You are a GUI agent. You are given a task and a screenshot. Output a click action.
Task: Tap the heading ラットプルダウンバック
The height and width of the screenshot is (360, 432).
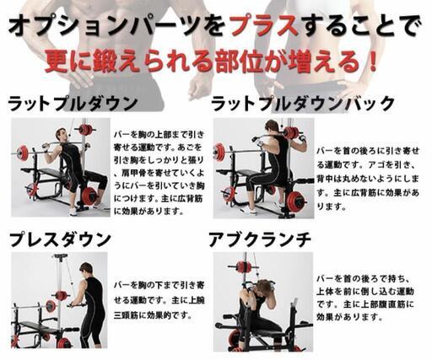302,104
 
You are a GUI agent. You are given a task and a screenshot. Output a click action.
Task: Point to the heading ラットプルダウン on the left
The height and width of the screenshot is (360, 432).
73,104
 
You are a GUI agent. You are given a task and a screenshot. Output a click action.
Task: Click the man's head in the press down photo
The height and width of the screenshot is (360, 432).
85,269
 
